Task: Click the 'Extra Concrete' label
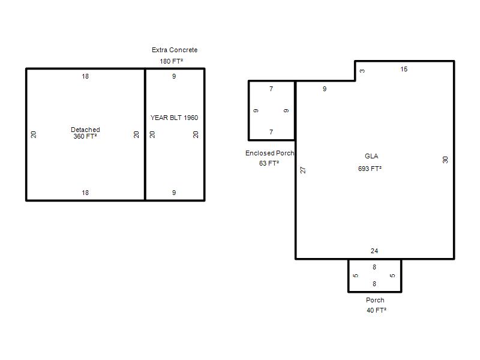175,50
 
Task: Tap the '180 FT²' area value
171,61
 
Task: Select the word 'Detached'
85,130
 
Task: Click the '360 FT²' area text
85,136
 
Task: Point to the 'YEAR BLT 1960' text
174,118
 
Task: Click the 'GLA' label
371,156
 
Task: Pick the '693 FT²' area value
370,169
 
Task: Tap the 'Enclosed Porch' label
269,153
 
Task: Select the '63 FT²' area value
269,163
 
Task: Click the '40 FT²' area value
376,310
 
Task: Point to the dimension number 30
445,160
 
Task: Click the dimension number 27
303,170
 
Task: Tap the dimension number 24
374,251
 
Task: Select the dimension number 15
404,70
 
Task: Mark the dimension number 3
362,71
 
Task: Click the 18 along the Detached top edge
85,76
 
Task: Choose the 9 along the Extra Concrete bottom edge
174,193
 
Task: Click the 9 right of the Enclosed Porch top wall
325,89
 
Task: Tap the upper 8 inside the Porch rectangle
374,267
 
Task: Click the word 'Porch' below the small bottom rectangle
375,300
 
